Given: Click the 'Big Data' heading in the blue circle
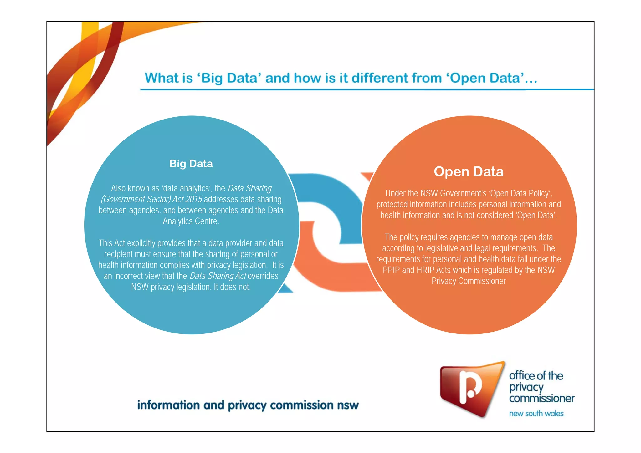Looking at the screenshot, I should (191, 164).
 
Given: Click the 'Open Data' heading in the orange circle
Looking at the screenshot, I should (469, 171).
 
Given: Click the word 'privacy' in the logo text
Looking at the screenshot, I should (526, 387).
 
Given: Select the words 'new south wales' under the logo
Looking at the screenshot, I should (536, 414).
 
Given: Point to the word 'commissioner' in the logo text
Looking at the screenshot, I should (542, 398).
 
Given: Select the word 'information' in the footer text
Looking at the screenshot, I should (168, 405).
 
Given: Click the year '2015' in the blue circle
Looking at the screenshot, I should (193, 199).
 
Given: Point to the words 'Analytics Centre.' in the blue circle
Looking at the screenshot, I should (191, 221).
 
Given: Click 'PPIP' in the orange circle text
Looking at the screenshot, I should (391, 270).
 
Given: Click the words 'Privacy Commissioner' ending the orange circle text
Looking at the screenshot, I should (469, 281).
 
